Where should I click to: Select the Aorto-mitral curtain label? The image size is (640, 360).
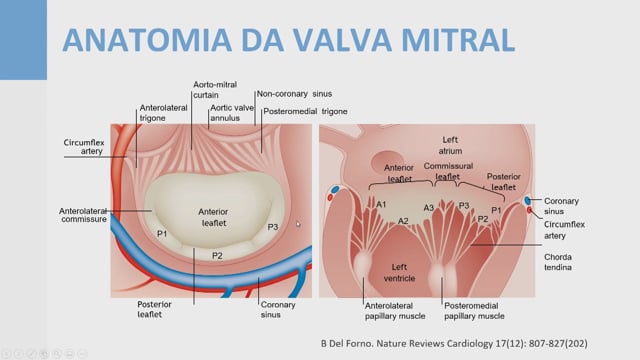(x=215, y=90)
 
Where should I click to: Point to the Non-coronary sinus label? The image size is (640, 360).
(x=294, y=94)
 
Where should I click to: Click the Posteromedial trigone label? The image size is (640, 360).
(x=305, y=111)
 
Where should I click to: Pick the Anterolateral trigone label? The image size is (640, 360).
(x=163, y=113)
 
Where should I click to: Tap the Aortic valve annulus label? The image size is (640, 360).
(x=232, y=113)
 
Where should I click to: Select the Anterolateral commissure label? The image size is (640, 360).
(x=83, y=215)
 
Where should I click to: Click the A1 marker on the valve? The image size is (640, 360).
(x=381, y=204)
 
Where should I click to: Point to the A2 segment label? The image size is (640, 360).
(x=403, y=221)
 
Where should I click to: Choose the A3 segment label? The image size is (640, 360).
(x=429, y=208)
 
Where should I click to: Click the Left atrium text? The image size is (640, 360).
(x=450, y=145)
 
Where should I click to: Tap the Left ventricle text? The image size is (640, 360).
(x=399, y=273)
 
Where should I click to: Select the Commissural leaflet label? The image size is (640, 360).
(x=448, y=171)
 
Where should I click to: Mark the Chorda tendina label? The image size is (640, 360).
(x=558, y=262)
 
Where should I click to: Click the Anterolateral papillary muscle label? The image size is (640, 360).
(x=395, y=311)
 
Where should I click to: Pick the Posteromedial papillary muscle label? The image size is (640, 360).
(x=474, y=311)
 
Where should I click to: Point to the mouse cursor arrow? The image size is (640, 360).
(x=298, y=224)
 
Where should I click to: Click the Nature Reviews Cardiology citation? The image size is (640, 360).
(x=454, y=344)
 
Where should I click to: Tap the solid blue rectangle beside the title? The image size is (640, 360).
(x=23, y=40)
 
